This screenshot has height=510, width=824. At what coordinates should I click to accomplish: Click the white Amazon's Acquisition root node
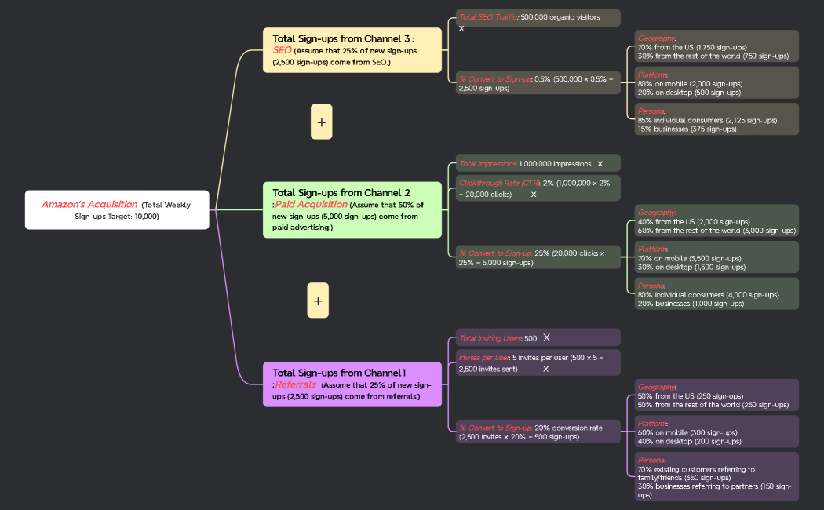(x=117, y=209)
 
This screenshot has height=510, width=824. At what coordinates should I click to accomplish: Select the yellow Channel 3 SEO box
(x=352, y=50)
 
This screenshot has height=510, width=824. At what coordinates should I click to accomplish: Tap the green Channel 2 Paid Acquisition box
(x=352, y=209)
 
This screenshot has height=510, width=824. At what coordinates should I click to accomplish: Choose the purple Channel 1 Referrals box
(x=352, y=384)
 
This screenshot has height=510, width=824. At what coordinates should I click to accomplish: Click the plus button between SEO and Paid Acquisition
(x=321, y=122)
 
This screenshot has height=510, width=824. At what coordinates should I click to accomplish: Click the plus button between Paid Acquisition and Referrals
(x=318, y=301)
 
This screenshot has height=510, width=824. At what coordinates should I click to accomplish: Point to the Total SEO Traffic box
(x=538, y=17)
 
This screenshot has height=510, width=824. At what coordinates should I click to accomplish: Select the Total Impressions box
(x=538, y=163)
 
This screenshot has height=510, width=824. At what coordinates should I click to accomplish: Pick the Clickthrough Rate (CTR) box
(x=538, y=188)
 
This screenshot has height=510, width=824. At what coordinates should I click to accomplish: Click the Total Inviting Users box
(x=538, y=337)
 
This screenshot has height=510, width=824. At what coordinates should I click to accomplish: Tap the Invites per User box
(x=538, y=363)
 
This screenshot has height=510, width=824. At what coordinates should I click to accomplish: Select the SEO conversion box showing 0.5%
(x=538, y=83)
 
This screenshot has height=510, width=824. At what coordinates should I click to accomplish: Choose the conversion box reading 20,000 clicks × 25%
(x=538, y=257)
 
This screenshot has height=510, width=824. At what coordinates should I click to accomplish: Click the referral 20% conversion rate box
(x=538, y=432)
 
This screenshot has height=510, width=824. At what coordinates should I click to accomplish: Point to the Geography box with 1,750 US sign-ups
(x=716, y=46)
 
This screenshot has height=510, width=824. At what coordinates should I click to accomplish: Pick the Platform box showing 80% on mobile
(x=716, y=82)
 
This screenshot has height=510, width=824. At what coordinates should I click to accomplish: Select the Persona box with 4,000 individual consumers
(x=716, y=293)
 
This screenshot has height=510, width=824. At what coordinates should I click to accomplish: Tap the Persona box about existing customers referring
(x=716, y=476)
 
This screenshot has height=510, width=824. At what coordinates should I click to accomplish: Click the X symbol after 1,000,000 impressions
(x=600, y=164)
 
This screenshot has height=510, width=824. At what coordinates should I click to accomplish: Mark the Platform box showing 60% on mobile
(x=716, y=432)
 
